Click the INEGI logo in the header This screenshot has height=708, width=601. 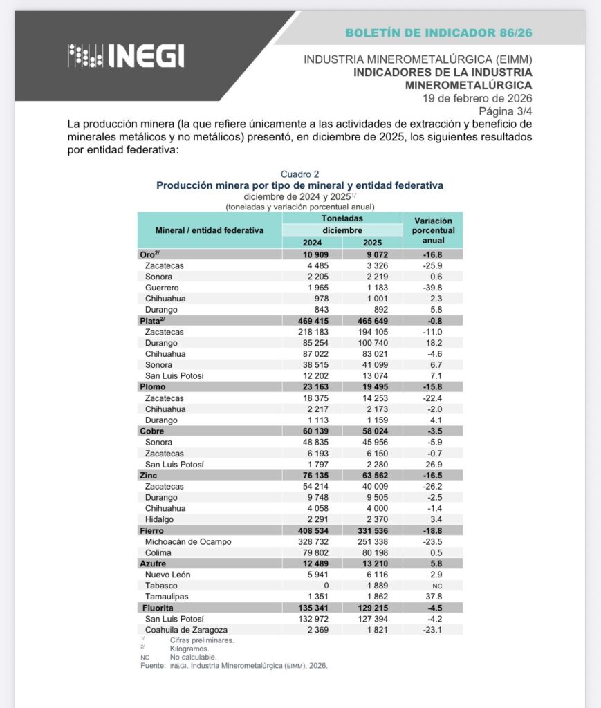pos(126,56)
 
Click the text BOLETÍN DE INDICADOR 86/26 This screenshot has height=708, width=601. pos(438,32)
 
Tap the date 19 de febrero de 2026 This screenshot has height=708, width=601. pos(477,97)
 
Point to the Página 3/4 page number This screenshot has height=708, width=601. pos(505,111)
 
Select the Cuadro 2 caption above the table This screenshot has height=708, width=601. pos(299,174)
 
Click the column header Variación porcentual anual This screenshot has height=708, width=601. pos(433,230)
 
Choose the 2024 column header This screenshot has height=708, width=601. pos(312,243)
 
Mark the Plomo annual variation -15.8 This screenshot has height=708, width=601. pos(433,387)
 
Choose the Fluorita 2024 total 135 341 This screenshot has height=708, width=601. pos(312,608)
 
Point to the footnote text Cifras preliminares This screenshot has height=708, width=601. pos(201,640)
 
